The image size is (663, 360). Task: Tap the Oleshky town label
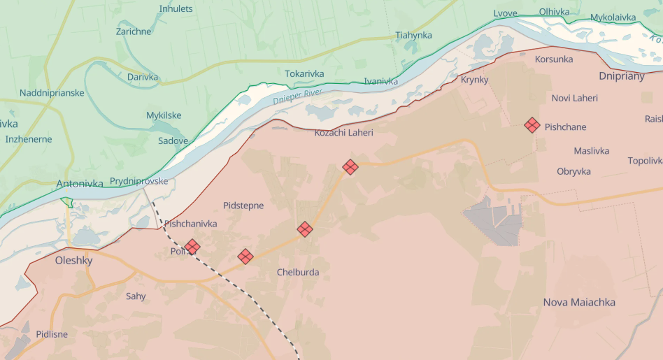[73, 260]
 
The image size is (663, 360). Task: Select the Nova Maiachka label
[579, 302]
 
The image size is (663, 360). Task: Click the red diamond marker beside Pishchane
[532, 125]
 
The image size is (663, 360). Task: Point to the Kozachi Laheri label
[343, 132]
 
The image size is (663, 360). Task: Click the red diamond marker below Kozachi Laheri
[350, 166]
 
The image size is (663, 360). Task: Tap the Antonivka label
[80, 184]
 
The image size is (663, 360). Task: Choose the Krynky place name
[474, 80]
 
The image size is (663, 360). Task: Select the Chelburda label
[298, 272]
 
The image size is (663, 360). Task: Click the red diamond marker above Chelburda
[305, 229]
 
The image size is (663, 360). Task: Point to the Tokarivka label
[304, 73]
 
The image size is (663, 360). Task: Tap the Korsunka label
[553, 59]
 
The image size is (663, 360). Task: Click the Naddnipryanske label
[52, 93]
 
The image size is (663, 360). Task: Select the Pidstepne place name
[243, 205]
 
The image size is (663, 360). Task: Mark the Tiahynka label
[413, 35]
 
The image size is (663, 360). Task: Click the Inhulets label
[176, 9]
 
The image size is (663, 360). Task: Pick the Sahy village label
[136, 296]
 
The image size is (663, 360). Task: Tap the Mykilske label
[164, 115]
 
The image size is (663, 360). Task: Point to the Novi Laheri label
[574, 98]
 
